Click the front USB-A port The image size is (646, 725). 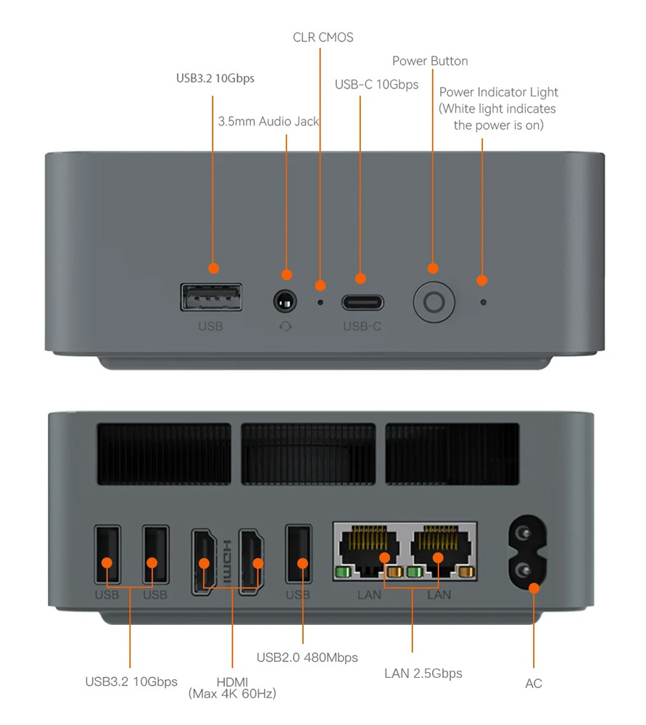(x=211, y=297)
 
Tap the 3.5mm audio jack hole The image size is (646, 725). (x=285, y=302)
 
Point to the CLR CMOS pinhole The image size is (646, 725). (x=320, y=302)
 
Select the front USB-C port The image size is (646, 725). (x=363, y=302)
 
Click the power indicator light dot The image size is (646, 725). (x=483, y=302)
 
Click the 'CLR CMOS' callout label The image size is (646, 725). (x=323, y=38)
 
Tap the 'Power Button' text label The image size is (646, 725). (x=430, y=61)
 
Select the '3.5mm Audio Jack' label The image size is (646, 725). (x=269, y=122)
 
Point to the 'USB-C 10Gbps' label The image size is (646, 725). (x=376, y=85)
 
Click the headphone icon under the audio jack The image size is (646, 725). (x=286, y=327)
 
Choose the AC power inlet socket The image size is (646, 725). (x=527, y=552)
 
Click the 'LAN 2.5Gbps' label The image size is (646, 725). (x=423, y=674)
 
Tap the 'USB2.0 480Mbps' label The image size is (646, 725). (x=307, y=658)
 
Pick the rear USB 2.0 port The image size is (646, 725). (x=299, y=553)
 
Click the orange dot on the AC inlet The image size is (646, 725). (x=534, y=588)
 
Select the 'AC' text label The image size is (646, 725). (x=534, y=684)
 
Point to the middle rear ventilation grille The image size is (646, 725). (x=308, y=454)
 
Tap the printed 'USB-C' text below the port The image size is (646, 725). (x=362, y=326)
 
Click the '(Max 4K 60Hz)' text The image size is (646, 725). (x=232, y=694)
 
